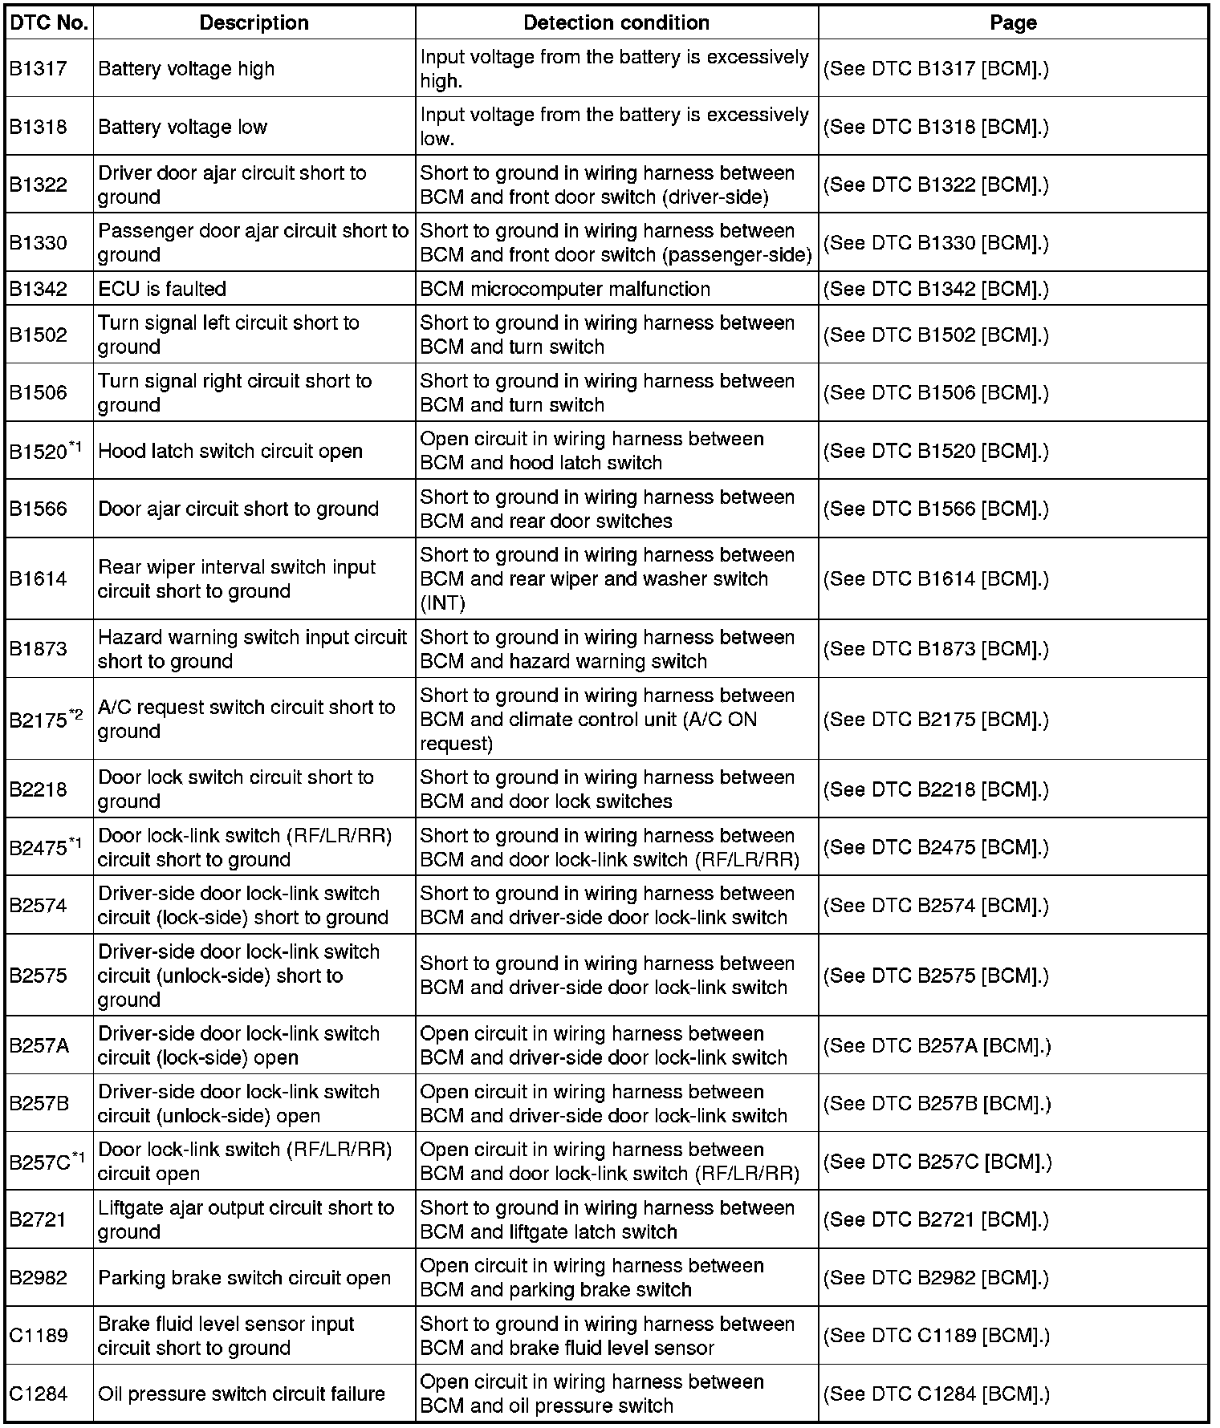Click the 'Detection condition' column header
click(616, 22)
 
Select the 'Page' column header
click(1013, 22)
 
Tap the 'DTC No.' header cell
click(48, 22)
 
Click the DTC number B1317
click(38, 69)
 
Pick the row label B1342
click(38, 289)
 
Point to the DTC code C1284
click(38, 1394)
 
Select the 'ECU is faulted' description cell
click(162, 289)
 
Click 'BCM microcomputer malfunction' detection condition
click(565, 289)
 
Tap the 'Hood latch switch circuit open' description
click(230, 451)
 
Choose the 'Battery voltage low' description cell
click(182, 127)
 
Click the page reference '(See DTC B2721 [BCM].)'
click(936, 1219)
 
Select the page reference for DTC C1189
click(936, 1336)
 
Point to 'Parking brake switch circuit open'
click(244, 1278)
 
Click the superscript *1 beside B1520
click(75, 446)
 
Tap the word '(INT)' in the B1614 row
click(442, 603)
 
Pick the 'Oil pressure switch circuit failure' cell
click(242, 1394)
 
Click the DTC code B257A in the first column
click(39, 1045)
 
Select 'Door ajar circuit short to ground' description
click(238, 509)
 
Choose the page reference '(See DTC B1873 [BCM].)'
click(936, 649)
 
